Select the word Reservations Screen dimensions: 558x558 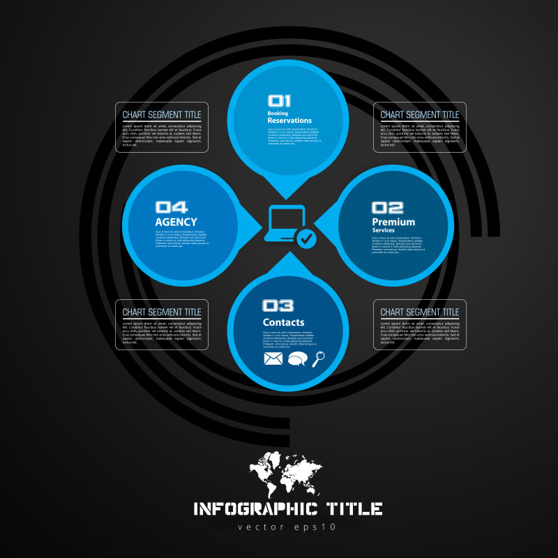(289, 121)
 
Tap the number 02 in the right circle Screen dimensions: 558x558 (387, 207)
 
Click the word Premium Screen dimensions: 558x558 (393, 222)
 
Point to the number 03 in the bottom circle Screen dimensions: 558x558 (278, 306)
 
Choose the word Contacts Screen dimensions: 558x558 (283, 322)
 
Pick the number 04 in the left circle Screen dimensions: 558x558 (171, 207)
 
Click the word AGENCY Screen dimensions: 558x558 (176, 222)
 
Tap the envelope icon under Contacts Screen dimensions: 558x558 (273, 359)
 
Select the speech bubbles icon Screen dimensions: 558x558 (297, 359)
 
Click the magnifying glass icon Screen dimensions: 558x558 (319, 359)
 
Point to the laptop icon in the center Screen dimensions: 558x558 (284, 224)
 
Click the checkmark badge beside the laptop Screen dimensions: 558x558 (306, 239)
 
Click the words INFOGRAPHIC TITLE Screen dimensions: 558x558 (287, 508)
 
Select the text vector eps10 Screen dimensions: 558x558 (287, 527)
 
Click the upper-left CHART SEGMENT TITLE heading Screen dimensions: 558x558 (162, 114)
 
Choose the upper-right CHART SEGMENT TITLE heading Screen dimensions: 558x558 (420, 114)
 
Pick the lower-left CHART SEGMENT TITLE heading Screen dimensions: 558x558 (162, 312)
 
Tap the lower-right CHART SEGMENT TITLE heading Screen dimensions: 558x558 (420, 312)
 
